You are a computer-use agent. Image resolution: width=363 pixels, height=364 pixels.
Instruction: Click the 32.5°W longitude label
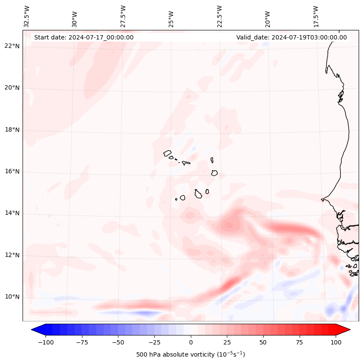[x=27, y=16]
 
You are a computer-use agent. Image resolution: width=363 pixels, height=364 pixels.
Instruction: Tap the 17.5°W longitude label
[x=316, y=16]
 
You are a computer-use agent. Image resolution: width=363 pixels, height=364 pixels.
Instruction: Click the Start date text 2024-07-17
[x=84, y=37]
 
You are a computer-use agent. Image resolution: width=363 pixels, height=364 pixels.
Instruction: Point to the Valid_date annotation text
[x=291, y=37]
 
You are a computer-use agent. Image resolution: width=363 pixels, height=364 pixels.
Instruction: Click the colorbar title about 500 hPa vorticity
[x=191, y=354]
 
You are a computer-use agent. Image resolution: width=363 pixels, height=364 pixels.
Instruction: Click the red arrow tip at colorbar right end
[x=346, y=330]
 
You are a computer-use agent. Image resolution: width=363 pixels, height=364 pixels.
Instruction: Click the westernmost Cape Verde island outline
[x=167, y=153]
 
